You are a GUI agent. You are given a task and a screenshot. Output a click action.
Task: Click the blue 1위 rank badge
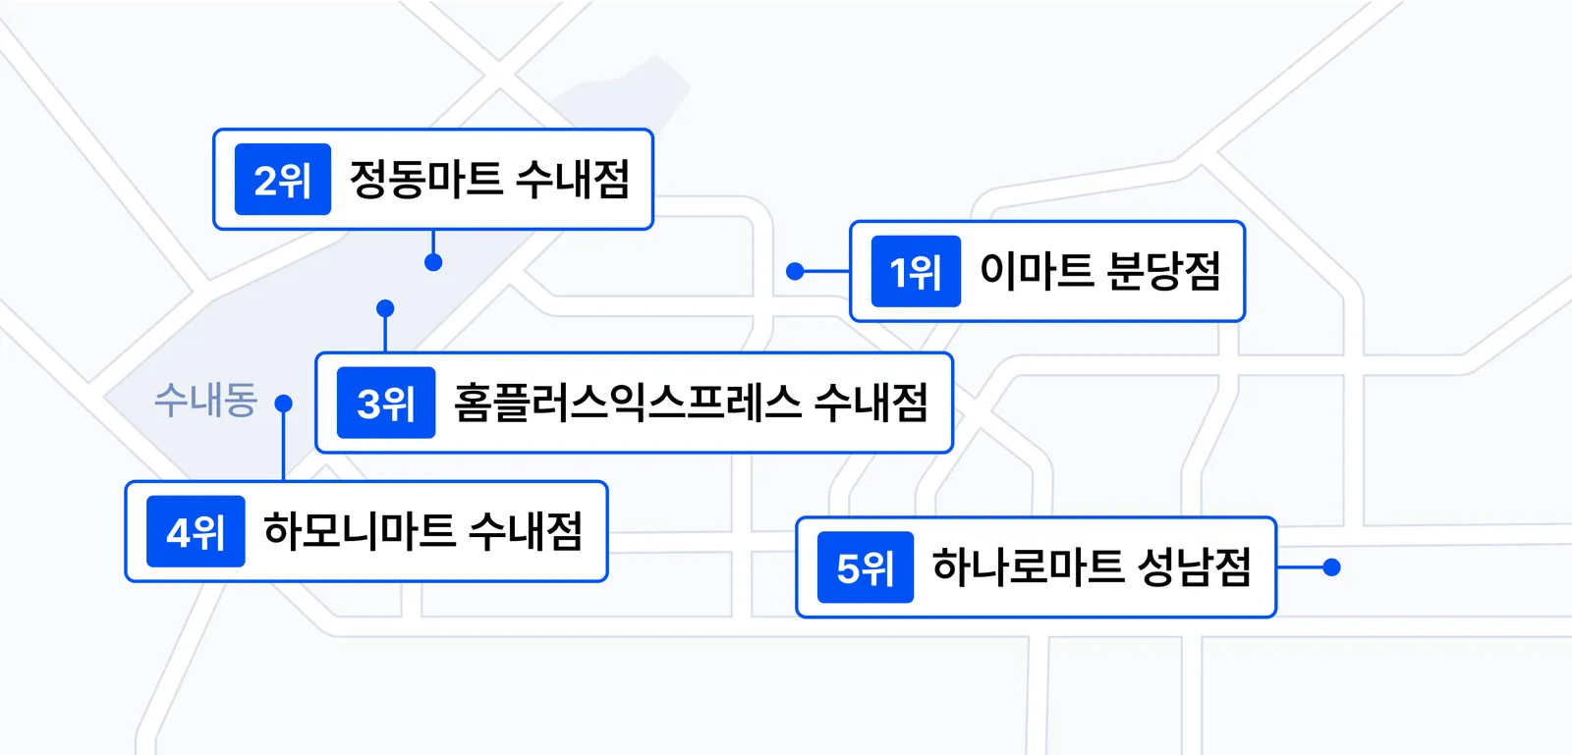point(916,271)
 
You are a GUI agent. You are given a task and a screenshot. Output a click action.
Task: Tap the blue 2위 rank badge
point(283,179)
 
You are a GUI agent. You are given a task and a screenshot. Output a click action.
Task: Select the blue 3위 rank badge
point(386,403)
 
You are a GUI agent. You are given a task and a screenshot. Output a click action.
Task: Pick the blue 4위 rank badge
point(196,531)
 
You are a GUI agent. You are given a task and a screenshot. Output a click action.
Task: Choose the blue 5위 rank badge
point(866,567)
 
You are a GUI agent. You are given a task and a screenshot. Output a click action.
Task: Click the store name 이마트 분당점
point(1099,271)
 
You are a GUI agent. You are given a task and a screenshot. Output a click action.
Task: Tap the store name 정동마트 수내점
point(489,179)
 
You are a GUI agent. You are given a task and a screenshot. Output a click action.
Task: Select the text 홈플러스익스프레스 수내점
point(692,403)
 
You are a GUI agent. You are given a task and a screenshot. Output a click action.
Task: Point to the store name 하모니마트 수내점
point(423,531)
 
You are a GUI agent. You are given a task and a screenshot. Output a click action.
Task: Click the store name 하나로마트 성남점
point(1092,566)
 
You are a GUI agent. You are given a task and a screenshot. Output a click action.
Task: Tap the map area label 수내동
point(205,401)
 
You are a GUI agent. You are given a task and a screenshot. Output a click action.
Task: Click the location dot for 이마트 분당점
point(795,271)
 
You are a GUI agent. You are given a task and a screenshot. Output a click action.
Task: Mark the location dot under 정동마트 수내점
point(433,263)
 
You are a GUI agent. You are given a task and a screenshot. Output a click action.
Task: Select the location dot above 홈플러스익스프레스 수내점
point(385,308)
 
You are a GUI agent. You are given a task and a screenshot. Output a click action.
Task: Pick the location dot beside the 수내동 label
point(284,404)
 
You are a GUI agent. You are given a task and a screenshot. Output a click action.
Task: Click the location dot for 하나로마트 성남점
point(1332,567)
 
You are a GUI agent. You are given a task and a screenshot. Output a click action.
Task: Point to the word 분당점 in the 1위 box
point(1163,271)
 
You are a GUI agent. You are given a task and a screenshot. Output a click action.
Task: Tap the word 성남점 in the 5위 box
point(1195,566)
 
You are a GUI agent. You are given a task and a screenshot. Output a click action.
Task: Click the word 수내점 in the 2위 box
point(573,179)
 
